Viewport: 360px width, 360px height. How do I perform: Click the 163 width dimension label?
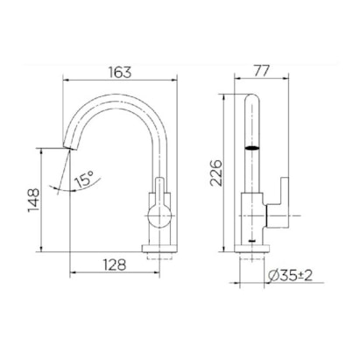120,72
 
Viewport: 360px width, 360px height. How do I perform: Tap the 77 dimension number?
261,71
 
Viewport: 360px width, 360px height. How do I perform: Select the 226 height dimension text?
216,173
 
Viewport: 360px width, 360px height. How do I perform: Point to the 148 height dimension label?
33,201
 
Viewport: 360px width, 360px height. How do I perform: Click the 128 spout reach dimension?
115,265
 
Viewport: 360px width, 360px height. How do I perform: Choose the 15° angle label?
84,179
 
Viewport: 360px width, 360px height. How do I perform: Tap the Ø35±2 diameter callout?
290,275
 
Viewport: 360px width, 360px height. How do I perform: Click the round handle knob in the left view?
159,216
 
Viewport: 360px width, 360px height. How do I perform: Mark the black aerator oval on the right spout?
252,148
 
